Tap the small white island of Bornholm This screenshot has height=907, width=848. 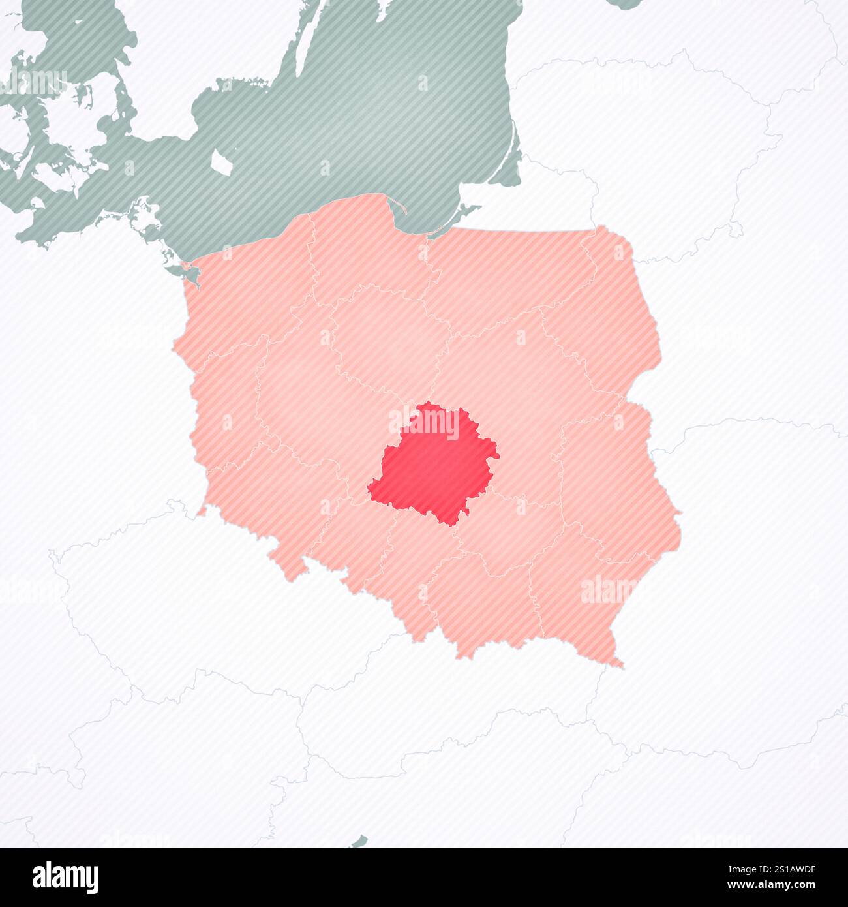pyautogui.click(x=220, y=161)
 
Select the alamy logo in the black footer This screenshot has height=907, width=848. pyautogui.click(x=65, y=877)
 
